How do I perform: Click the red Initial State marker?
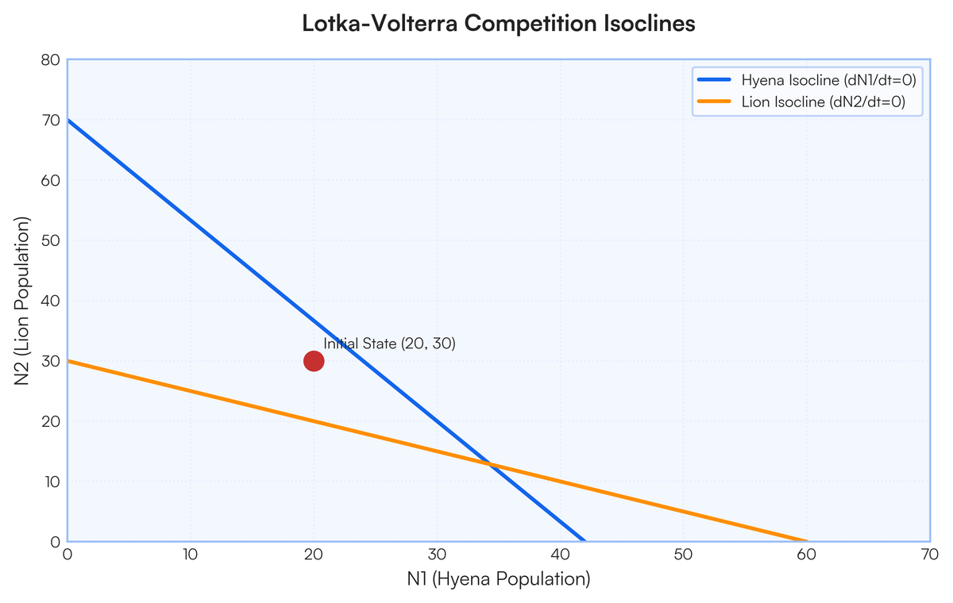coord(314,361)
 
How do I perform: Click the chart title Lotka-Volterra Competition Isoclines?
coord(499,23)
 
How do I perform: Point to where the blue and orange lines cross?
coord(491,464)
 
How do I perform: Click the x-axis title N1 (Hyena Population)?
coord(499,579)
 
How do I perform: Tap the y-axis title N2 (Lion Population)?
coord(21,301)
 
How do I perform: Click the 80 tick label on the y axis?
coord(51,60)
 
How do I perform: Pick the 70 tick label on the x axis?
coord(930,555)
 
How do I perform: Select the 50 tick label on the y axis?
coord(51,240)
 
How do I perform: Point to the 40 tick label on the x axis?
coord(561,555)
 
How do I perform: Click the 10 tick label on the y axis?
coord(52,482)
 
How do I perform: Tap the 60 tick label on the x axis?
coord(807,555)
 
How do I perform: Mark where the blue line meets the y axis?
coord(68,120)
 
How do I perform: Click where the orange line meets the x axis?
coord(807,541)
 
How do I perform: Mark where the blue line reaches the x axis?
coord(585,541)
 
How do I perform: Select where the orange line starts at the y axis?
coord(68,361)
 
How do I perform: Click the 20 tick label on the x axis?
coord(314,555)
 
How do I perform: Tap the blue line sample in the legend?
coord(714,79)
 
